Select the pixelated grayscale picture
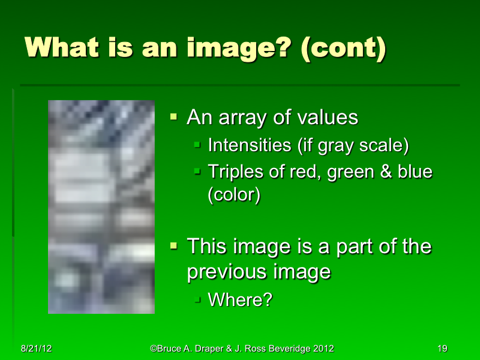point(101,206)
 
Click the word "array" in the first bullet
point(244,118)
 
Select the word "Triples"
point(233,172)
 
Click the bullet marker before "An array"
point(174,116)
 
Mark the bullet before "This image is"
point(174,245)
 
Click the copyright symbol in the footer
point(154,349)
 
